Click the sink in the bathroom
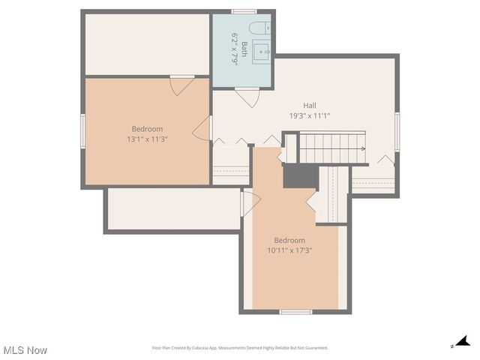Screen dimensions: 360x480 [x=262, y=52]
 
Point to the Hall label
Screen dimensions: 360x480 [x=310, y=106]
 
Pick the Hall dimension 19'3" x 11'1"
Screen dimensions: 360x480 [x=310, y=116]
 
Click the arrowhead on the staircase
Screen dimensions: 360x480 [x=364, y=148]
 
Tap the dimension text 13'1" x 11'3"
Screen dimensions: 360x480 [x=147, y=139]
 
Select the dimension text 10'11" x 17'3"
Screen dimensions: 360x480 [x=289, y=250]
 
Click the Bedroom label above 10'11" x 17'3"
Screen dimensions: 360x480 [x=289, y=240]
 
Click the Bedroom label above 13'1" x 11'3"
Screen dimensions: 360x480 [x=147, y=129]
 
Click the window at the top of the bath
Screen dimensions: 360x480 [x=244, y=11]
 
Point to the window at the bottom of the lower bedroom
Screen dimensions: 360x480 [x=295, y=311]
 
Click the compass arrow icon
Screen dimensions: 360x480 [x=463, y=342]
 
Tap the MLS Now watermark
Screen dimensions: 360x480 [x=25, y=350]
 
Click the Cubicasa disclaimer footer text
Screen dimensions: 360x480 [x=240, y=348]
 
